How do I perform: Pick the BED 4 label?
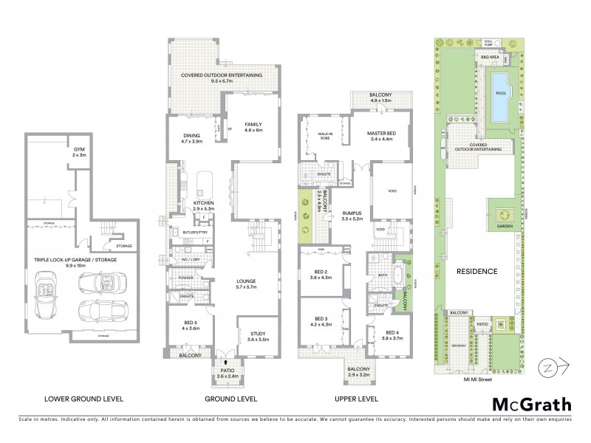392,334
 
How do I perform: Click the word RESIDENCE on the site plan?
476,271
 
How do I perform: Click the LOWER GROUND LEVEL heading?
83,399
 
